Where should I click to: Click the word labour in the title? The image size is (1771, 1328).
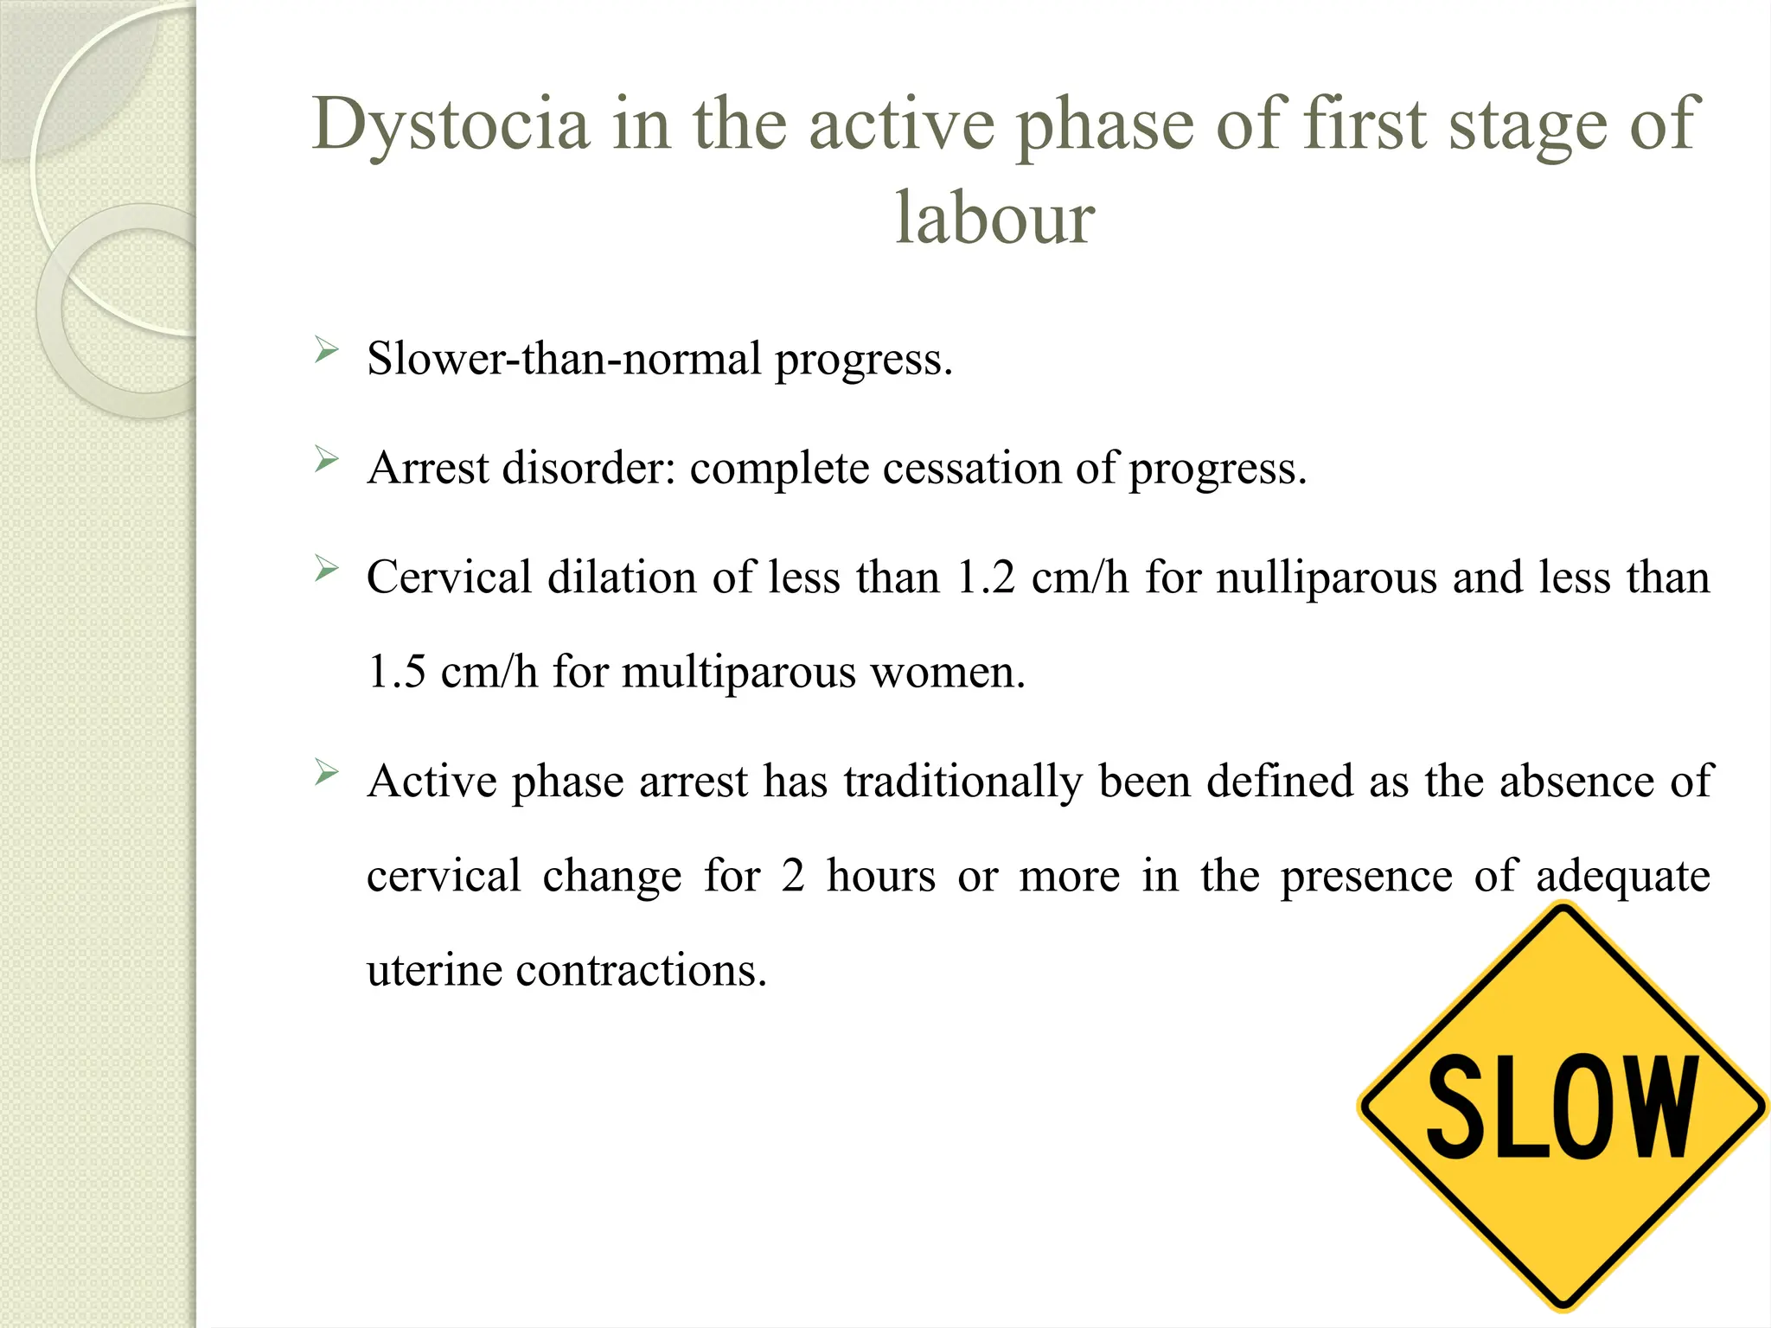coord(994,218)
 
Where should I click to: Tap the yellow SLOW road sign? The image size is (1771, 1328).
coord(1562,1106)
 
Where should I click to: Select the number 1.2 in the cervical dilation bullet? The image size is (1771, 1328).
coord(986,578)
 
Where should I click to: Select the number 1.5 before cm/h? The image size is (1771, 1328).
coord(396,672)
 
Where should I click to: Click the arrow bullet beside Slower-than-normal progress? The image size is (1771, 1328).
coord(326,351)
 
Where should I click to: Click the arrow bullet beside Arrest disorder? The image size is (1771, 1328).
coord(326,460)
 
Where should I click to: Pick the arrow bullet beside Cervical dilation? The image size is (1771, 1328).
coord(326,569)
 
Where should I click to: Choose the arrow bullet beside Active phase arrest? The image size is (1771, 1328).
coord(326,772)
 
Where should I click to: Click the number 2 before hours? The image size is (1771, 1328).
coord(793,876)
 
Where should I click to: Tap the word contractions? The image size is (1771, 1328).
coord(641,970)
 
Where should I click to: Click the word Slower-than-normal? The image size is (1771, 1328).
coord(563,359)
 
